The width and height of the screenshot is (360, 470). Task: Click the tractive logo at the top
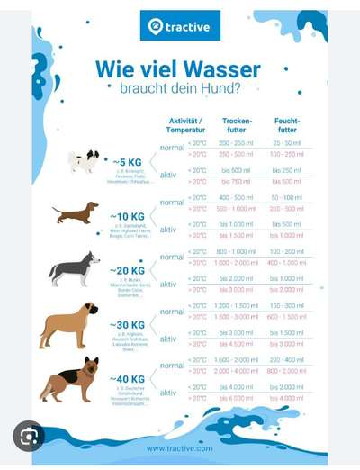click(179, 26)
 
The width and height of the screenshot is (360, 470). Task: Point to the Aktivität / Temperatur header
click(185, 125)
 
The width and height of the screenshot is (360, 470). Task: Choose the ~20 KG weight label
click(127, 270)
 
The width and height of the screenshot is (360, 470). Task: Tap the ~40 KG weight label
click(127, 379)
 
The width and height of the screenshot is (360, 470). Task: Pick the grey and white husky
click(74, 268)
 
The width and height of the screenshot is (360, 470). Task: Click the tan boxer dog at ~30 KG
click(68, 324)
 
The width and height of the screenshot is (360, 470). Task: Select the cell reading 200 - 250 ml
click(237, 143)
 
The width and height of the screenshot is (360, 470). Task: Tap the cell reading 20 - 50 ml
click(287, 143)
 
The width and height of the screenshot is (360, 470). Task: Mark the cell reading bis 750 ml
click(237, 181)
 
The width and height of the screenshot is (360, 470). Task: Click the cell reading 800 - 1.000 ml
click(237, 251)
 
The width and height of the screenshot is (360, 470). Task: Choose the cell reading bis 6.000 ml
click(237, 398)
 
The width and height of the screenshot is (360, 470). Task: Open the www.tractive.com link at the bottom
click(180, 447)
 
